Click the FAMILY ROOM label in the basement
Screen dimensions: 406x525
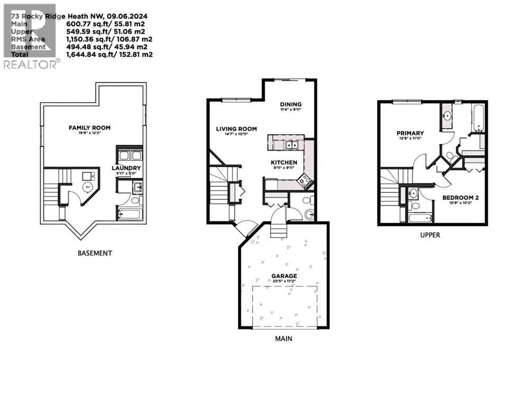[x=89, y=128]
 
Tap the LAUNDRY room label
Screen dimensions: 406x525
[x=125, y=169]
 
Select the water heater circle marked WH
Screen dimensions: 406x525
[x=88, y=187]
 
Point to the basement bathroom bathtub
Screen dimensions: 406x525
[x=129, y=214]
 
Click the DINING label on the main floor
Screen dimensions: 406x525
[x=290, y=104]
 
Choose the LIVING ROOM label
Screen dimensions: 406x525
[x=236, y=128]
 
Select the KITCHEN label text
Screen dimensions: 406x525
[x=284, y=162]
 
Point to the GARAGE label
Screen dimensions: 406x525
[x=284, y=275]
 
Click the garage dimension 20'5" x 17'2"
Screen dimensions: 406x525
[x=284, y=281]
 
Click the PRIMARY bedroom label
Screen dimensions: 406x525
[x=410, y=133]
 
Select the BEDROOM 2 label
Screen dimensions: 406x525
[x=460, y=198]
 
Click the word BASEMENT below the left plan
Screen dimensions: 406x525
[x=95, y=253]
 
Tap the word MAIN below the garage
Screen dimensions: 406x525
[x=283, y=338]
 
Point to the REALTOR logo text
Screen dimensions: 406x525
[x=30, y=64]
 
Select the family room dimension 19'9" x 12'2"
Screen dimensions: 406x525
[x=89, y=134]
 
